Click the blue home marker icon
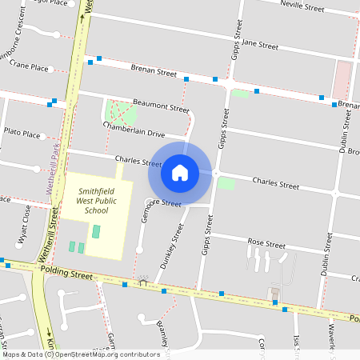point(180,172)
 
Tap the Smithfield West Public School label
point(96,201)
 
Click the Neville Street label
point(302,8)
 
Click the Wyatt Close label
point(25,225)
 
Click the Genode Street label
point(161,204)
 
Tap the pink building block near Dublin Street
point(342,80)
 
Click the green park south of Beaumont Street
point(120,112)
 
